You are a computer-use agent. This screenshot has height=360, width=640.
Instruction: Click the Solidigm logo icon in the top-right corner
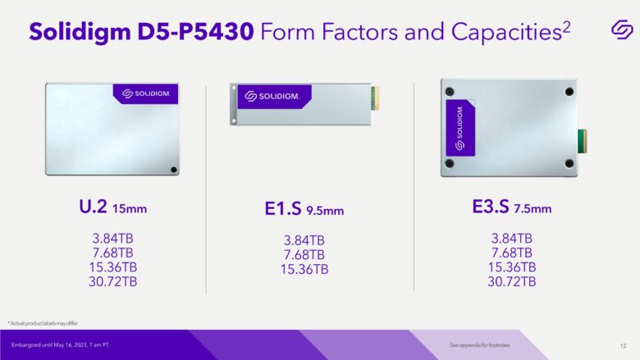point(621,29)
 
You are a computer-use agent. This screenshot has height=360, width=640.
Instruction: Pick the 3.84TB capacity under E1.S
point(304,240)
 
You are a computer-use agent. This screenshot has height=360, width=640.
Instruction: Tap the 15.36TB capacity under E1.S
point(304,268)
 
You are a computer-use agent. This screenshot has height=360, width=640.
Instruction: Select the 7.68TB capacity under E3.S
point(511,253)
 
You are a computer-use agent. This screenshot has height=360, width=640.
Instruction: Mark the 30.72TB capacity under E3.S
point(511,281)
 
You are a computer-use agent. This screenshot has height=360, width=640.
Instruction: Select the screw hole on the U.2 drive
point(172,170)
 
